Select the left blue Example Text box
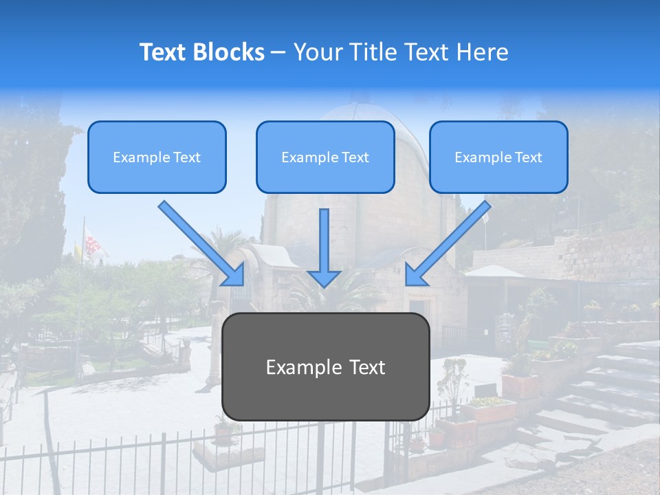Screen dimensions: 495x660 (x=157, y=157)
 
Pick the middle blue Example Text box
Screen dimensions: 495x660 (x=325, y=157)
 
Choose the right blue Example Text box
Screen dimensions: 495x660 (x=498, y=157)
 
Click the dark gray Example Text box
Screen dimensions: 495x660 (x=325, y=367)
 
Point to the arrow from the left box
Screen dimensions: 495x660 (x=199, y=241)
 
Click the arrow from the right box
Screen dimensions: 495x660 (x=450, y=241)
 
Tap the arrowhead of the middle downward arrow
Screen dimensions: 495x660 (x=324, y=278)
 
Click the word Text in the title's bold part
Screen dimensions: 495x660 (x=164, y=52)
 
